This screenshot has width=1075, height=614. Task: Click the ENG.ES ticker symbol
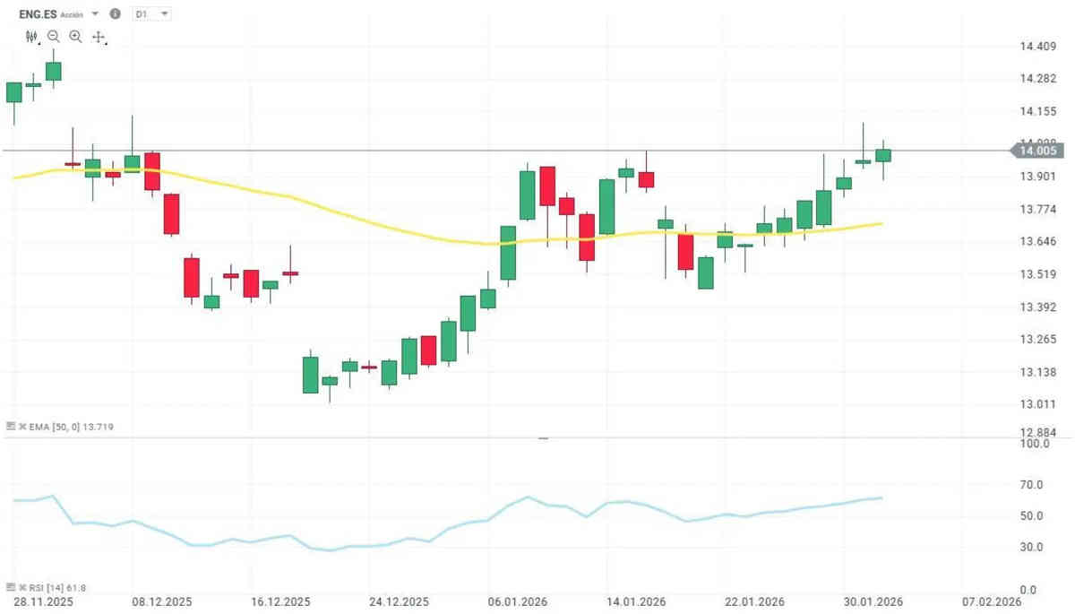tap(39, 13)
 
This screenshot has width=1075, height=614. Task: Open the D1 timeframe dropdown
tap(150, 14)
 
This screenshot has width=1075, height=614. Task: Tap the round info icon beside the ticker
tap(115, 13)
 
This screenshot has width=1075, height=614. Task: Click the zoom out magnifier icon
tap(54, 37)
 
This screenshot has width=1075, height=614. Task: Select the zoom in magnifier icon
tap(75, 37)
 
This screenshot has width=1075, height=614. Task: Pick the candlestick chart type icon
tap(32, 37)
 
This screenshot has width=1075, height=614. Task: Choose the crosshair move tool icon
tap(98, 38)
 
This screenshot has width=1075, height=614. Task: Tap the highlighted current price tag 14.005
tap(1039, 151)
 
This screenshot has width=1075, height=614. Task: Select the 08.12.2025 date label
tap(162, 601)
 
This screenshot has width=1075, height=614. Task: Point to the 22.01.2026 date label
tap(753, 601)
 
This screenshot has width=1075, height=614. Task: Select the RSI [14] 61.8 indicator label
tap(50, 588)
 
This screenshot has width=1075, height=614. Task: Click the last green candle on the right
tap(883, 155)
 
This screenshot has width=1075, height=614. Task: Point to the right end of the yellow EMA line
tap(883, 223)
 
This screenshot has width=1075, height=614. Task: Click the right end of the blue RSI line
tap(882, 497)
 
